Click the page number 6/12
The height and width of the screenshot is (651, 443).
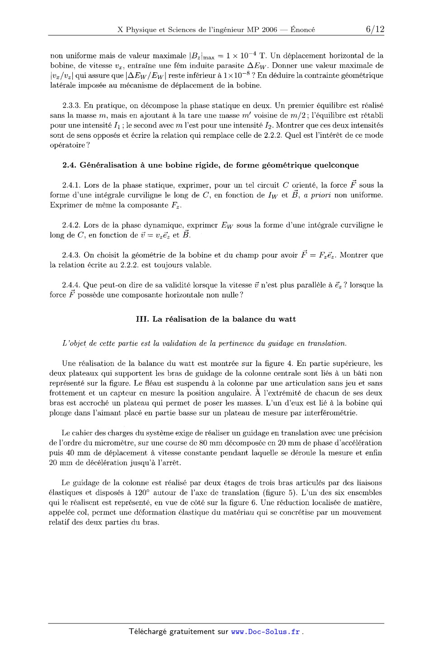pyautogui.click(x=375, y=29)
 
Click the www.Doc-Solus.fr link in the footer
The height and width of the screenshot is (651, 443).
pyautogui.click(x=265, y=632)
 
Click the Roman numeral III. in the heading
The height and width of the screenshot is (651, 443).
pyautogui.click(x=142, y=319)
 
